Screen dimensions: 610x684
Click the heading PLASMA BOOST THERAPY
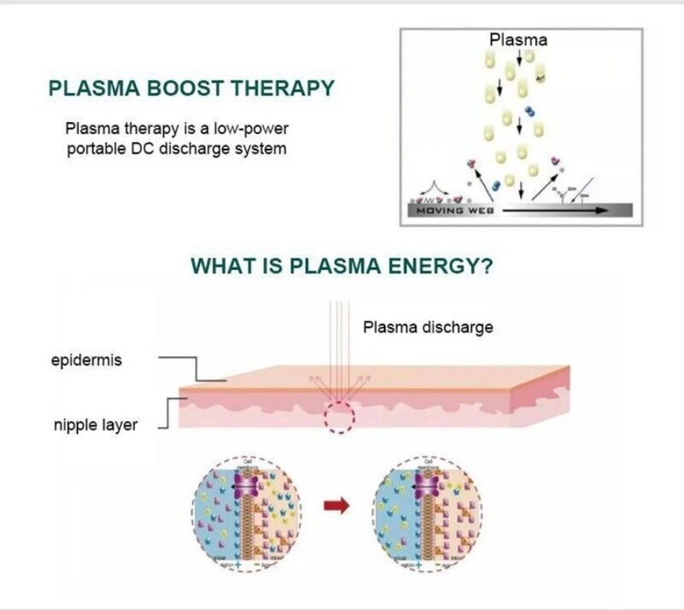coord(192,88)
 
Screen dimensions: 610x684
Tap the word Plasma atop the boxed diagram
coord(518,40)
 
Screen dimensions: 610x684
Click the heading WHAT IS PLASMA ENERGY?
coord(341,266)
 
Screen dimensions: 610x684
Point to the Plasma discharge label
coord(427,328)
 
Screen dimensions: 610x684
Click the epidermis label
coord(86,360)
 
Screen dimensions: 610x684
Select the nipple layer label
coord(95,425)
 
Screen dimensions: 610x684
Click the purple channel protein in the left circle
coord(245,485)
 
